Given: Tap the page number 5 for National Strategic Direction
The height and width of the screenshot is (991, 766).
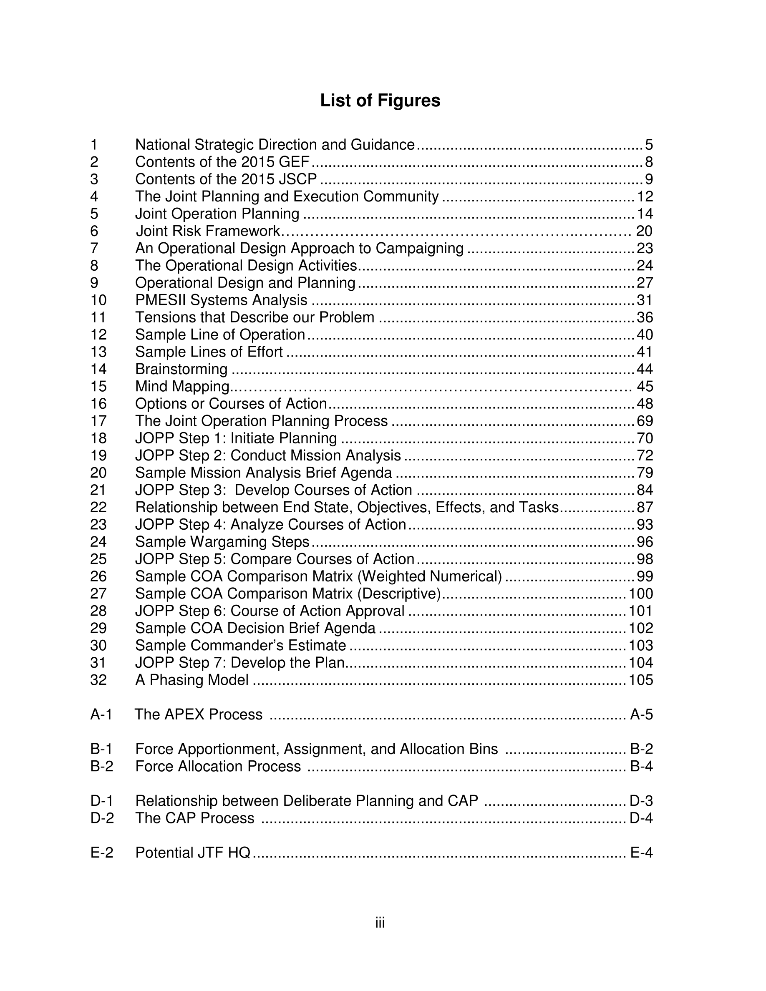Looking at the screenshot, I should coord(648,145).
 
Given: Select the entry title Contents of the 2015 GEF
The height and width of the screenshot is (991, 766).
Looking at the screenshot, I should coord(222,162).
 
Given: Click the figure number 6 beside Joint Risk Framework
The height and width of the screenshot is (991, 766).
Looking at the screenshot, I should coord(94,231).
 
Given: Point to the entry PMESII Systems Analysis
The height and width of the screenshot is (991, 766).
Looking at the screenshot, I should coord(221,300).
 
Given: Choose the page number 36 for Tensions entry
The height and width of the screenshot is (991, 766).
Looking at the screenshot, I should coord(645,317).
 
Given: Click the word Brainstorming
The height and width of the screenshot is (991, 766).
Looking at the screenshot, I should coord(181,369).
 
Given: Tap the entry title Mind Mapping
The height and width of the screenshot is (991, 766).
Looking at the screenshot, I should coord(182,386).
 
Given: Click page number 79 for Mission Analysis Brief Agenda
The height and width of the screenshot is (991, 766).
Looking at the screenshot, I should coord(645,473).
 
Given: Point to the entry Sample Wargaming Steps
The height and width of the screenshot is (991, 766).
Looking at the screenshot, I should coord(222,541).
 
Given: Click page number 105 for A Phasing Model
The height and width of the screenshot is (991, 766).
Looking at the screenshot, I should coord(641,680).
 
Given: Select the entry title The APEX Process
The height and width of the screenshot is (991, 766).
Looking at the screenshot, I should coord(198,714).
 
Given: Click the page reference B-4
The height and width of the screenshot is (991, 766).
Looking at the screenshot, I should coord(641,766).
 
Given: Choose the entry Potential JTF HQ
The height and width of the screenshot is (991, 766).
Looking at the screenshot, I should coord(193,853).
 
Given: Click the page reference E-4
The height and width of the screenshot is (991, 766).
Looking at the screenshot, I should coord(641,853).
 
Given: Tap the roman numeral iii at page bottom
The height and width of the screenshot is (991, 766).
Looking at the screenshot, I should coord(380,923).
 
